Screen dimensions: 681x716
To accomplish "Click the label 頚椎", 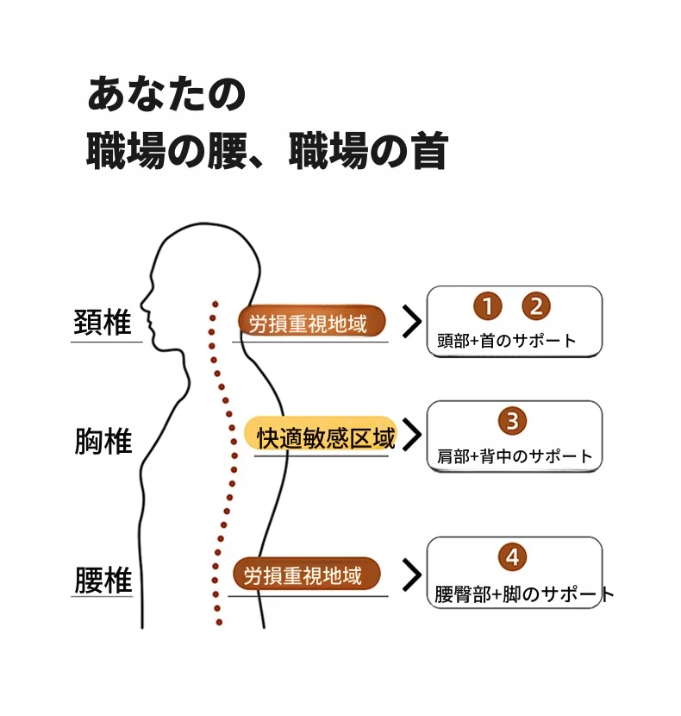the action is [103, 323].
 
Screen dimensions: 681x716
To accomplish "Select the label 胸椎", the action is [103, 441].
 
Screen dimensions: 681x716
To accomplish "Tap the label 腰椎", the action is [103, 580].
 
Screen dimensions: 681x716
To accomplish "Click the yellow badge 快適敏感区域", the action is [322, 434].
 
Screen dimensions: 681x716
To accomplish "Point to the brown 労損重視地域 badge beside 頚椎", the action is [312, 321].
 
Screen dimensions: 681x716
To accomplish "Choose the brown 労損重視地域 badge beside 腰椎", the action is [306, 573].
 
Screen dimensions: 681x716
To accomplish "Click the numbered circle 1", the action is [487, 306].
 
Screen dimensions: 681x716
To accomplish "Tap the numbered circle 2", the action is [536, 306].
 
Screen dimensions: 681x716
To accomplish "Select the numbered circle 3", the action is [512, 421].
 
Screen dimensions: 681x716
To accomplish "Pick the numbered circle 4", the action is [512, 556].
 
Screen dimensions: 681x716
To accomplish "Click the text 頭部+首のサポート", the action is [507, 341].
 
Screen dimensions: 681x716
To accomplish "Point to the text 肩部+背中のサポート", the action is [515, 455].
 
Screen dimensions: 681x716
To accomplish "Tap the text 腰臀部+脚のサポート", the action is [524, 594].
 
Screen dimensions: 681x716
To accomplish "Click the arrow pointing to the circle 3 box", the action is [413, 434].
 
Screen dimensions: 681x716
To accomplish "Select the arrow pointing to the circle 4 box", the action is [413, 575].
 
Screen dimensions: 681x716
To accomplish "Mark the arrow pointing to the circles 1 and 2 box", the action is [413, 322].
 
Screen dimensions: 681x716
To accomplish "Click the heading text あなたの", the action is [166, 94].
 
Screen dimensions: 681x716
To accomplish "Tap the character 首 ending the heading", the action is [428, 151].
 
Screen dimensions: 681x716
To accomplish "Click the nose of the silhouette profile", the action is [143, 302].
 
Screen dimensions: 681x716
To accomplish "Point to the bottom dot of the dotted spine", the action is [219, 622].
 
